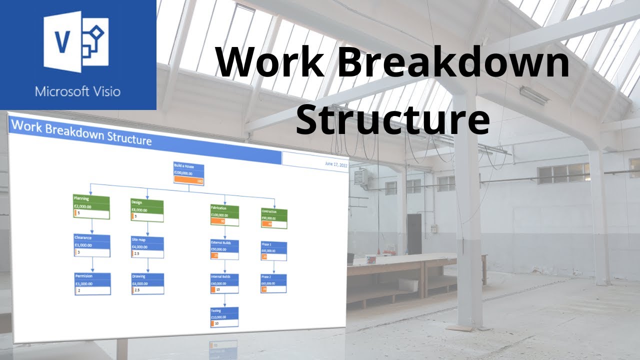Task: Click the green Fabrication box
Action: (224, 214)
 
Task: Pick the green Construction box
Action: (274, 218)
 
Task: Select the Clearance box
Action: (91, 245)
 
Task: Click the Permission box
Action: (92, 283)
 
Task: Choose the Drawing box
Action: (147, 283)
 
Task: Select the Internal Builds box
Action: (224, 283)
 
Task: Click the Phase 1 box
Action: (274, 251)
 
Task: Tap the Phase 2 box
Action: (274, 283)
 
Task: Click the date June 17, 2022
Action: (335, 164)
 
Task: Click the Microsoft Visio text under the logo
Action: (77, 92)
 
